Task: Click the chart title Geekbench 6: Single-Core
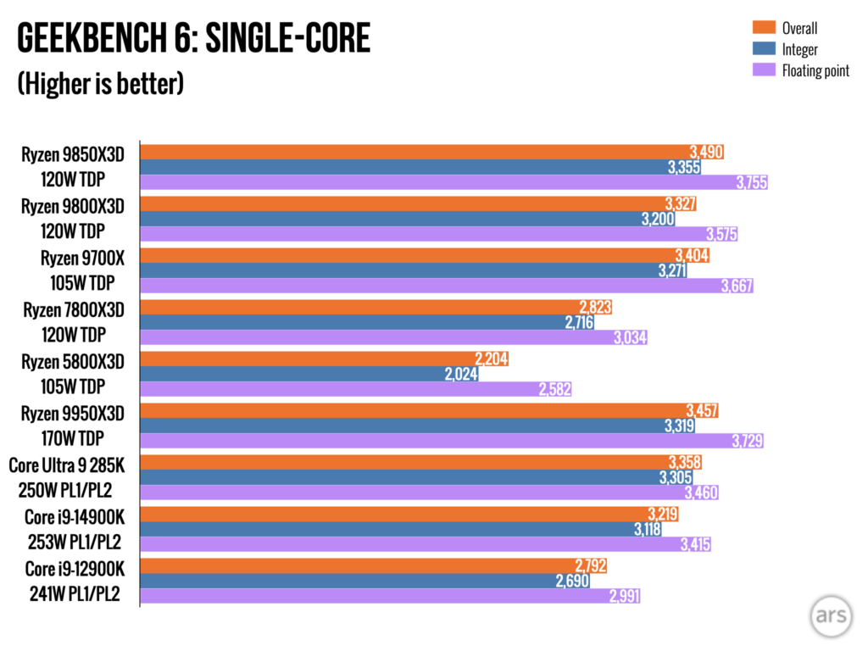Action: (x=193, y=40)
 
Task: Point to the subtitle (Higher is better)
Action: (x=100, y=84)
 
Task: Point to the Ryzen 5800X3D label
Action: (x=74, y=362)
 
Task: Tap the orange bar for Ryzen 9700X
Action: (x=407, y=255)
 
